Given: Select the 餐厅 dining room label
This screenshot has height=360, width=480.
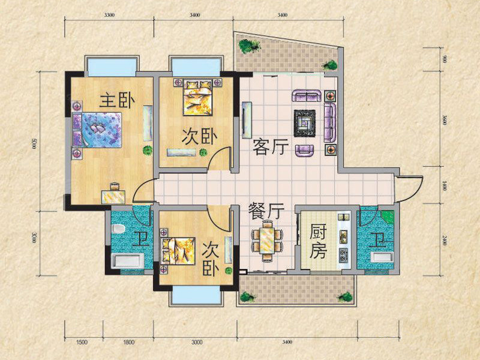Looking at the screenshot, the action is click(x=266, y=211).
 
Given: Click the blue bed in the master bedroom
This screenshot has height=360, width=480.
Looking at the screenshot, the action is click(x=97, y=130).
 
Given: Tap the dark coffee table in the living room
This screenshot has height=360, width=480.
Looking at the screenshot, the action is click(x=305, y=123).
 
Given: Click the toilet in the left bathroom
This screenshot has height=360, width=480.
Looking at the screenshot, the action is click(x=118, y=229).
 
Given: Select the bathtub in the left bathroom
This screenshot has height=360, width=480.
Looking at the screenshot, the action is click(x=128, y=261).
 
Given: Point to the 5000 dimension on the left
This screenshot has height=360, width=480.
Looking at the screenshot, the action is click(x=34, y=143).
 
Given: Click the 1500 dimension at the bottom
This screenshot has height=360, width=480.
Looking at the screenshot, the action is click(x=81, y=342).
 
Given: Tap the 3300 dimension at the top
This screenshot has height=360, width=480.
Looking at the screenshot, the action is click(x=109, y=15).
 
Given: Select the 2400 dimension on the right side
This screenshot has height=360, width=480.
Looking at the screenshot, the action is click(x=445, y=239).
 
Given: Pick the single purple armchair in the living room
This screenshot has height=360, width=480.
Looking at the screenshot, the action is click(x=305, y=149).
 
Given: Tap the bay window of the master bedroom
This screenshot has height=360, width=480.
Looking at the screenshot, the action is click(x=112, y=66).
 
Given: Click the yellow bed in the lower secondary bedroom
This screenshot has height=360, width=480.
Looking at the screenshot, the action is click(x=178, y=251).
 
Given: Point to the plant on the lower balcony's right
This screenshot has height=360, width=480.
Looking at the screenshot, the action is click(x=345, y=297).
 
